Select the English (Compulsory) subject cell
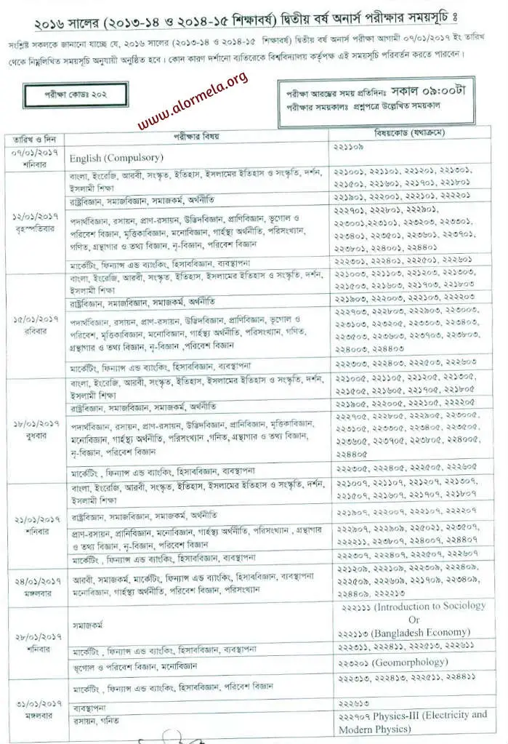[116, 158]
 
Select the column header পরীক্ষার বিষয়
[196, 137]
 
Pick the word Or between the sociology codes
[414, 620]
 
